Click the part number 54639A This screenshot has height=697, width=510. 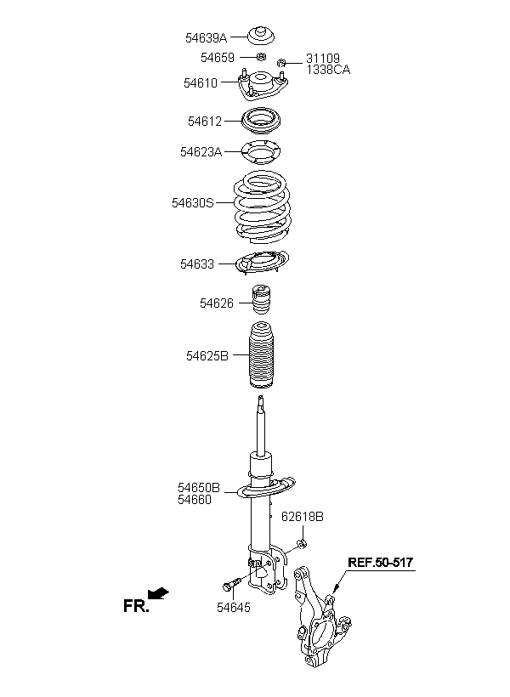pyautogui.click(x=206, y=37)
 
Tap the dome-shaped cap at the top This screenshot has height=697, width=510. pyautogui.click(x=261, y=36)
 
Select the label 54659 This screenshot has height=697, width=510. pyautogui.click(x=217, y=57)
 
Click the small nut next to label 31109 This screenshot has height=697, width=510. pyautogui.click(x=281, y=63)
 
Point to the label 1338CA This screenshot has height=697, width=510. pyautogui.click(x=328, y=70)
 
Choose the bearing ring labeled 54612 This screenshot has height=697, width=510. pyautogui.click(x=262, y=121)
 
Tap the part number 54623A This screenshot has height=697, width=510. pyautogui.click(x=201, y=152)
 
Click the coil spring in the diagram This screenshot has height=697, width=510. pyautogui.click(x=263, y=207)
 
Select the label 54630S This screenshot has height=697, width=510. pyautogui.click(x=193, y=203)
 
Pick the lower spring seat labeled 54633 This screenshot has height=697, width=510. pyautogui.click(x=262, y=263)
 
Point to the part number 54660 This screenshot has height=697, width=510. pyautogui.click(x=195, y=500)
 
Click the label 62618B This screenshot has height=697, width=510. pyautogui.click(x=303, y=517)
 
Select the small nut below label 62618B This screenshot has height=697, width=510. pyautogui.click(x=302, y=543)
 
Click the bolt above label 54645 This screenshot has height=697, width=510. pyautogui.click(x=231, y=584)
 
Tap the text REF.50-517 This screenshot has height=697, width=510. pyautogui.click(x=380, y=563)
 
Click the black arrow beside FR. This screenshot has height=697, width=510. pyautogui.click(x=158, y=593)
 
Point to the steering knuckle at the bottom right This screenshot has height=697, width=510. pyautogui.click(x=322, y=618)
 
